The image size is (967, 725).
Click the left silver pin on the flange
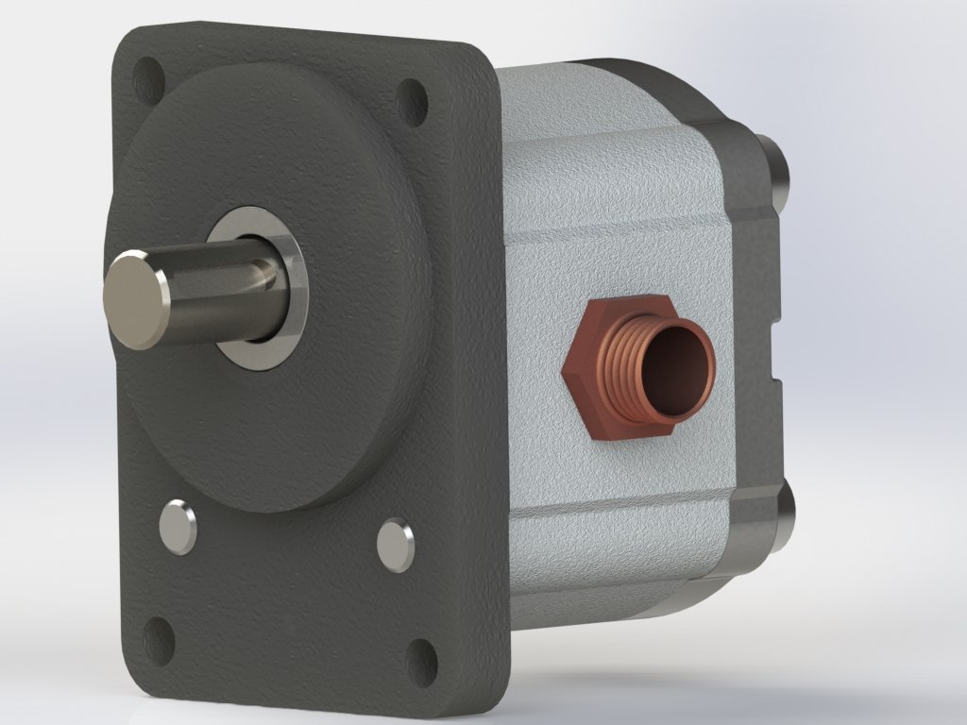tap(178, 527)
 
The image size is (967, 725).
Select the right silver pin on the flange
tap(396, 545)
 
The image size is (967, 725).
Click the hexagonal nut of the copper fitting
tap(590, 378)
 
